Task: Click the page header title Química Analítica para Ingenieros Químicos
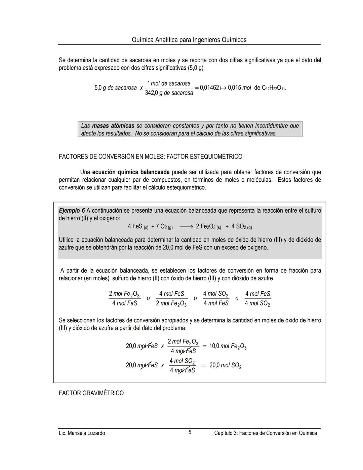(x=189, y=40)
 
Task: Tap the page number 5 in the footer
(x=190, y=432)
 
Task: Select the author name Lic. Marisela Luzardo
(x=82, y=433)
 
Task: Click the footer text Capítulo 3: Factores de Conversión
(x=265, y=433)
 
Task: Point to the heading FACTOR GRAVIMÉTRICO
(x=91, y=393)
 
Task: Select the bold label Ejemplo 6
(x=72, y=211)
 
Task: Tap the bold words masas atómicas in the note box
(x=113, y=126)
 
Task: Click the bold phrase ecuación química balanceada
(x=131, y=172)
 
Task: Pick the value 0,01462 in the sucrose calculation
(x=209, y=88)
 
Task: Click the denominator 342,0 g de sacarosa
(x=169, y=93)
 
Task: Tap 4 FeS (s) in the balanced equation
(x=138, y=227)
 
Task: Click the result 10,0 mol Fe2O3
(x=228, y=346)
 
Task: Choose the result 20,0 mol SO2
(x=225, y=365)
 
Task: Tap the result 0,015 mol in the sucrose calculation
(x=239, y=88)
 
